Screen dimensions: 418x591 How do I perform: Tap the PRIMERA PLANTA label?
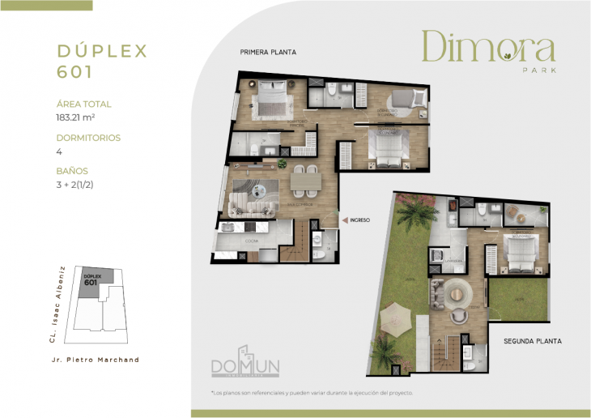[267, 52]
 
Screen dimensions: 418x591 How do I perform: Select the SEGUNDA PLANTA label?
[532, 341]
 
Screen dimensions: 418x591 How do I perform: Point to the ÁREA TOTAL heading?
[84, 104]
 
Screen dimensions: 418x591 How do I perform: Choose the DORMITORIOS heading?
[89, 138]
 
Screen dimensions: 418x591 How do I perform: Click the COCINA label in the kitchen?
[252, 241]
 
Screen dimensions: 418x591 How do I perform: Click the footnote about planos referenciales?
[312, 393]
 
